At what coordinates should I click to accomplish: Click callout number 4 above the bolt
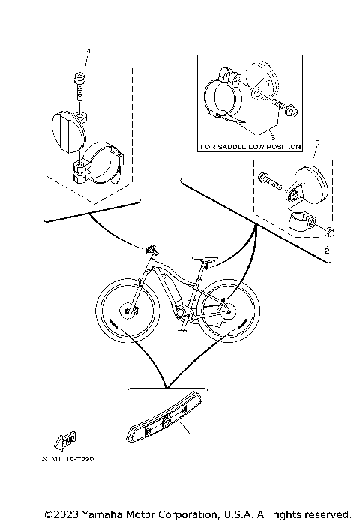(x=88, y=51)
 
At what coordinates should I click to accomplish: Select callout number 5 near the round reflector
(x=317, y=142)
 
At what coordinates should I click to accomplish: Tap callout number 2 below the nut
(x=327, y=250)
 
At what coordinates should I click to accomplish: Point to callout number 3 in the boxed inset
(x=272, y=137)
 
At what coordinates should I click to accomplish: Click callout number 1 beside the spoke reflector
(x=192, y=438)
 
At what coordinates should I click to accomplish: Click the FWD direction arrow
(x=64, y=440)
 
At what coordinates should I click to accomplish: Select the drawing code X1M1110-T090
(x=68, y=459)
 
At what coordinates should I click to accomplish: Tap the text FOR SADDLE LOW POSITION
(x=250, y=147)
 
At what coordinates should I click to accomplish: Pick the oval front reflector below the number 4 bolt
(x=68, y=132)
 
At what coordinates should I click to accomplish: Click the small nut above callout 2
(x=328, y=232)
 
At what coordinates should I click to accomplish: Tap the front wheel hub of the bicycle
(x=127, y=311)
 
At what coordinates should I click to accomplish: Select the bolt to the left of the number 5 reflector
(x=271, y=180)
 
